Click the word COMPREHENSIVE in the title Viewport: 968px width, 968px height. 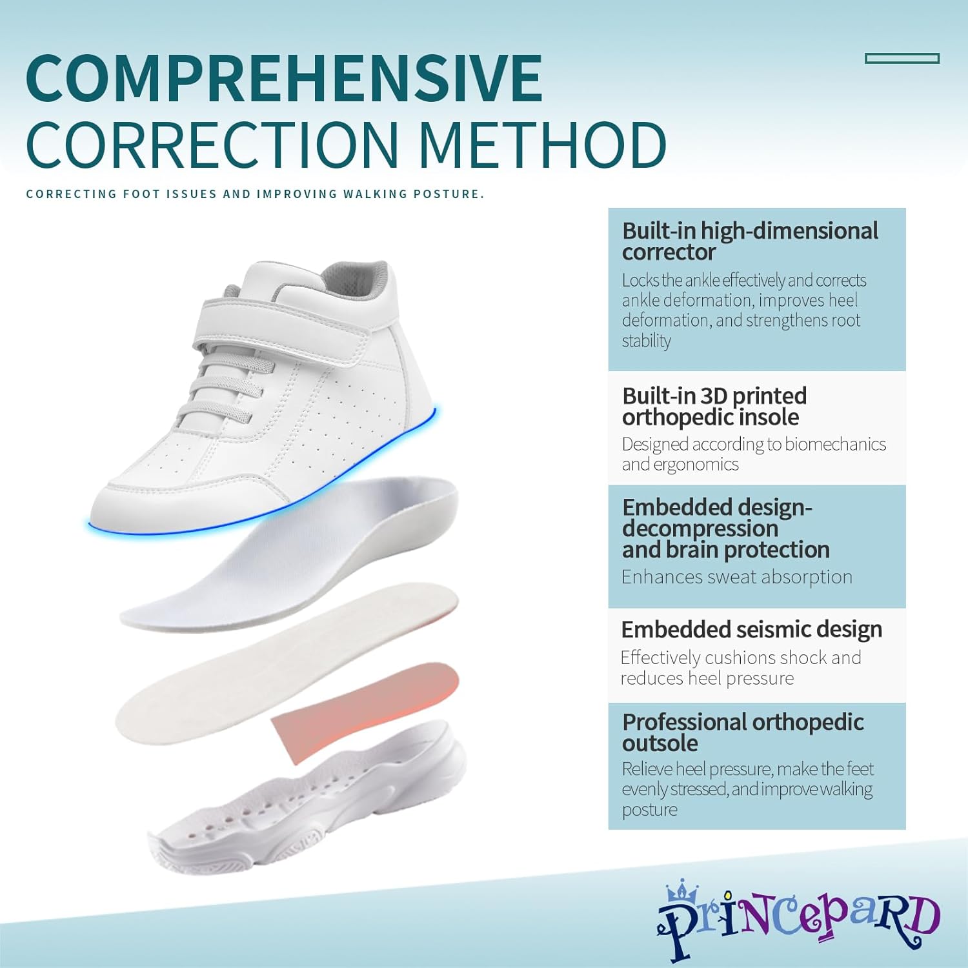click(284, 79)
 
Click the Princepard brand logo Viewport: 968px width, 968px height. click(798, 919)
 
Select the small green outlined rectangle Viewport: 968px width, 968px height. click(902, 59)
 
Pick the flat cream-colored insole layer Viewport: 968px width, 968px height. click(284, 665)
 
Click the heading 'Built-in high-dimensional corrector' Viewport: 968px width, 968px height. click(749, 241)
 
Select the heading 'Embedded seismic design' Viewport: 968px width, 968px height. click(751, 629)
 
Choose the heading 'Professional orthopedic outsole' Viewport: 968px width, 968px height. click(742, 732)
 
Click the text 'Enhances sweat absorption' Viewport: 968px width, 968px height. click(736, 577)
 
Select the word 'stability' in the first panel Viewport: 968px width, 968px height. click(646, 341)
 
